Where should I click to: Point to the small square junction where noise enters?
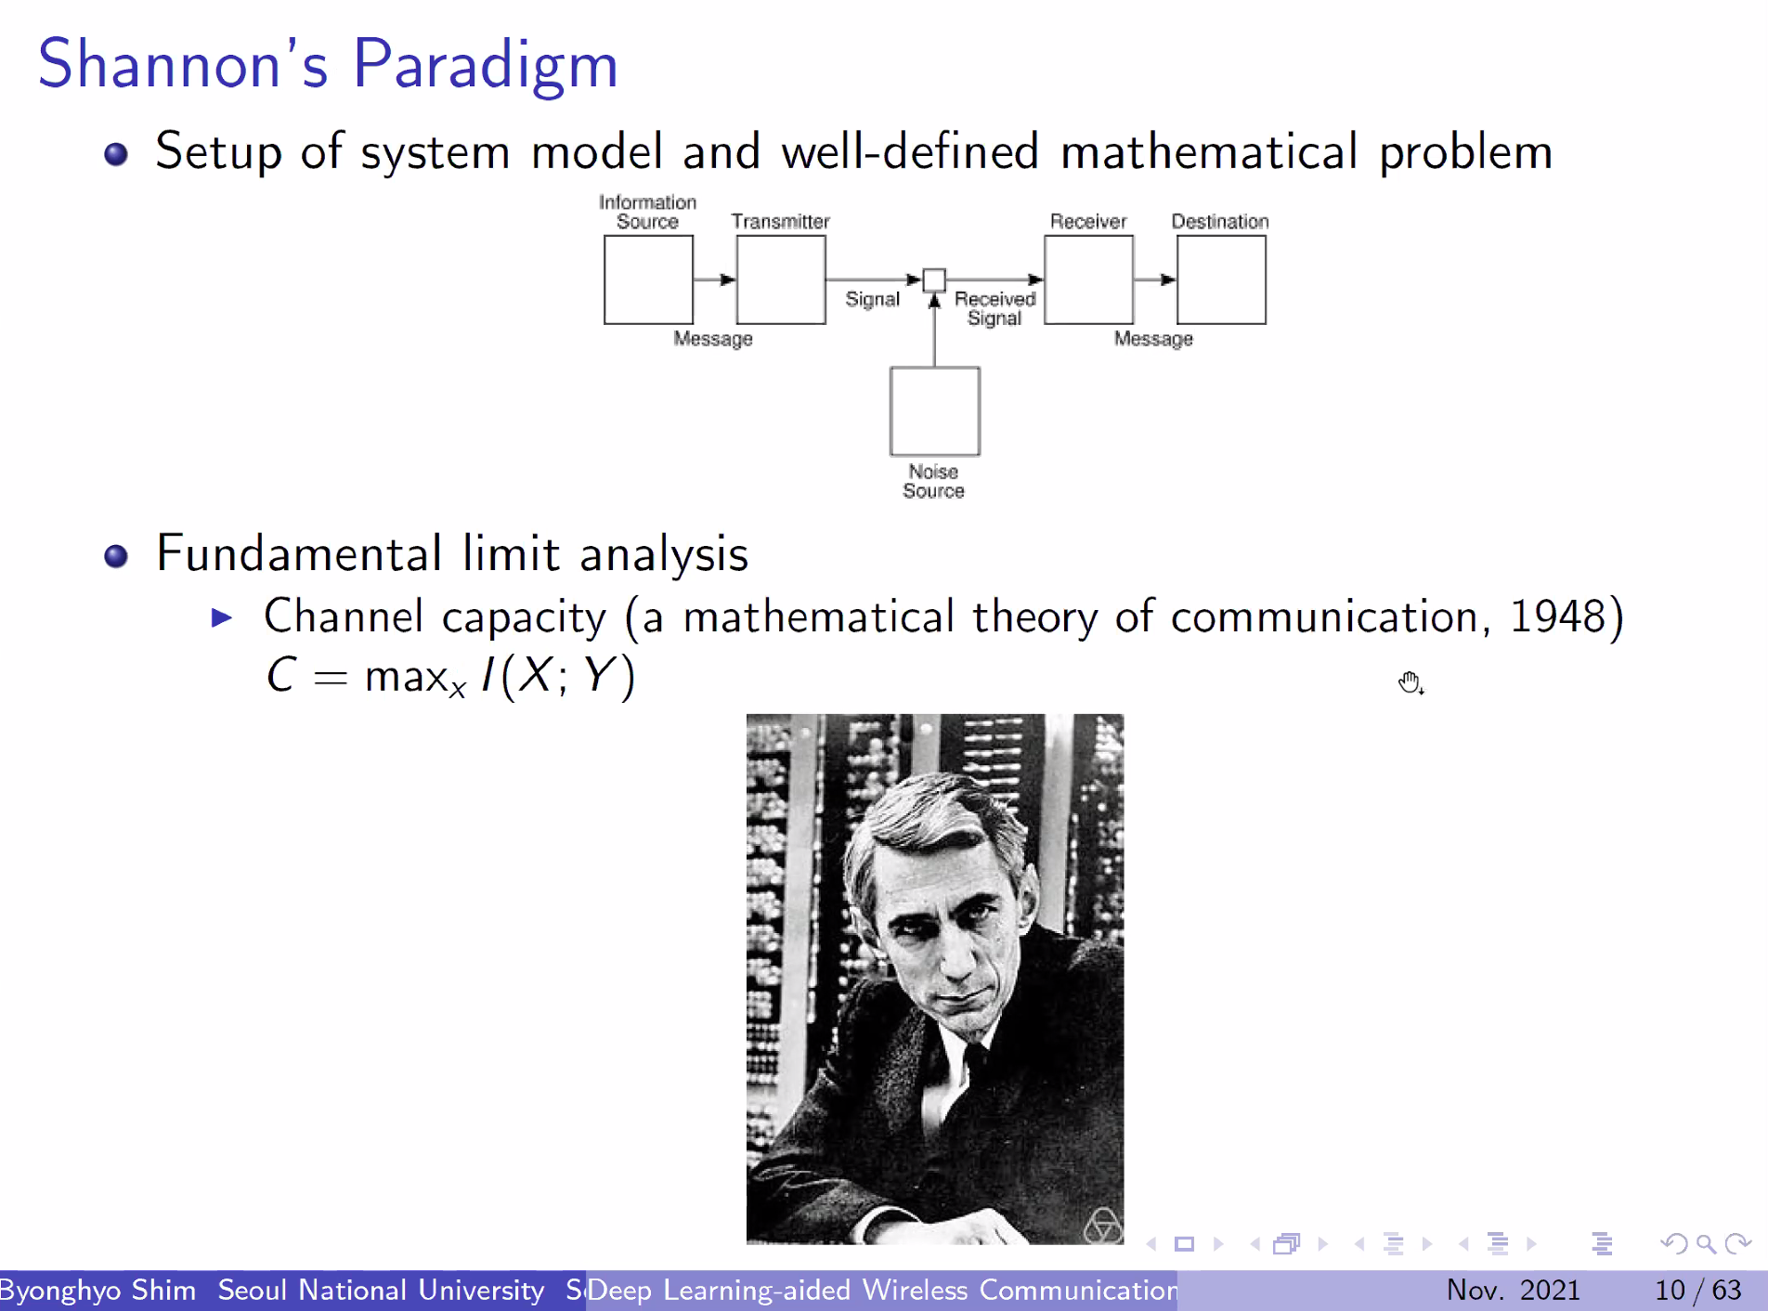935,279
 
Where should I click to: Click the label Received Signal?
994,308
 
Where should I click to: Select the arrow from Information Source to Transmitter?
715,279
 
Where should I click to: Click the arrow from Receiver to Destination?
1155,279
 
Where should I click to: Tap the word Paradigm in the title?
486,66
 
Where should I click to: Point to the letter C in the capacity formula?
281,675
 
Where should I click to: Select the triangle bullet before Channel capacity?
222,617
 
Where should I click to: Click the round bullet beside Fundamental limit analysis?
116,556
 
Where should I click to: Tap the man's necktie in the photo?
974,1059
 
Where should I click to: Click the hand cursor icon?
1410,683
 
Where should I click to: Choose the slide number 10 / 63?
1698,1290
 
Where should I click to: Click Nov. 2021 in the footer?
1514,1290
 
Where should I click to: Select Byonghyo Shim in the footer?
97,1291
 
